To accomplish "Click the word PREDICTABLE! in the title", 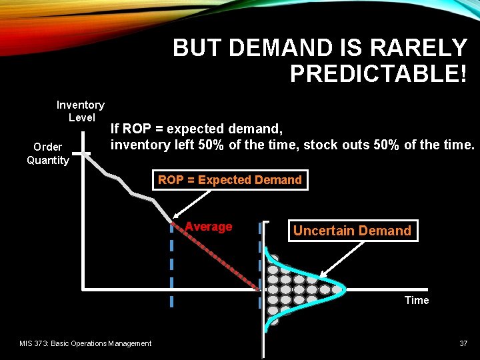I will point(378,73).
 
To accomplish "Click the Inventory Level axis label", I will point(80,111).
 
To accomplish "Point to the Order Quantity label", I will point(47,153).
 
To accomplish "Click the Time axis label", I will point(417,300).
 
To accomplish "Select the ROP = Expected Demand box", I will point(230,180).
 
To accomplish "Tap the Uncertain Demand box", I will point(352,231).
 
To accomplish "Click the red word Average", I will point(209,227).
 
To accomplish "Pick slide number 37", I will point(463,343).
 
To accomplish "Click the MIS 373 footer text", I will point(85,343).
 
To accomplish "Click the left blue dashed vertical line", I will point(171,267).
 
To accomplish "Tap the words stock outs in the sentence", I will point(332,144).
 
